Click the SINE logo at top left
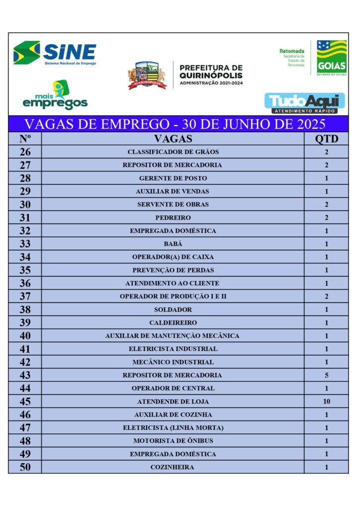click(55, 53)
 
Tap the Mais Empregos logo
click(55, 95)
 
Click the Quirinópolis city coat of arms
click(147, 76)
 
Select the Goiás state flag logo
click(332, 57)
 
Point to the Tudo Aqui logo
click(305, 103)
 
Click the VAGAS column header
click(173, 139)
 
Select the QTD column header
click(326, 139)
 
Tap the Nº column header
click(25, 139)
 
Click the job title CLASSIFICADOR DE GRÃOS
click(173, 152)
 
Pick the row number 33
click(25, 244)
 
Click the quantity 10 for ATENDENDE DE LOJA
click(326, 402)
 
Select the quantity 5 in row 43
click(326, 375)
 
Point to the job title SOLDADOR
click(173, 310)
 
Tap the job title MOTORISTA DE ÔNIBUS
click(173, 441)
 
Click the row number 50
click(25, 467)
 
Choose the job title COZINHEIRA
click(173, 467)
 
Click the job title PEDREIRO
click(173, 218)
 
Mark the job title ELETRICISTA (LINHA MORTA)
click(173, 428)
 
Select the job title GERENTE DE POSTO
click(173, 178)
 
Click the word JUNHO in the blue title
click(234, 123)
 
